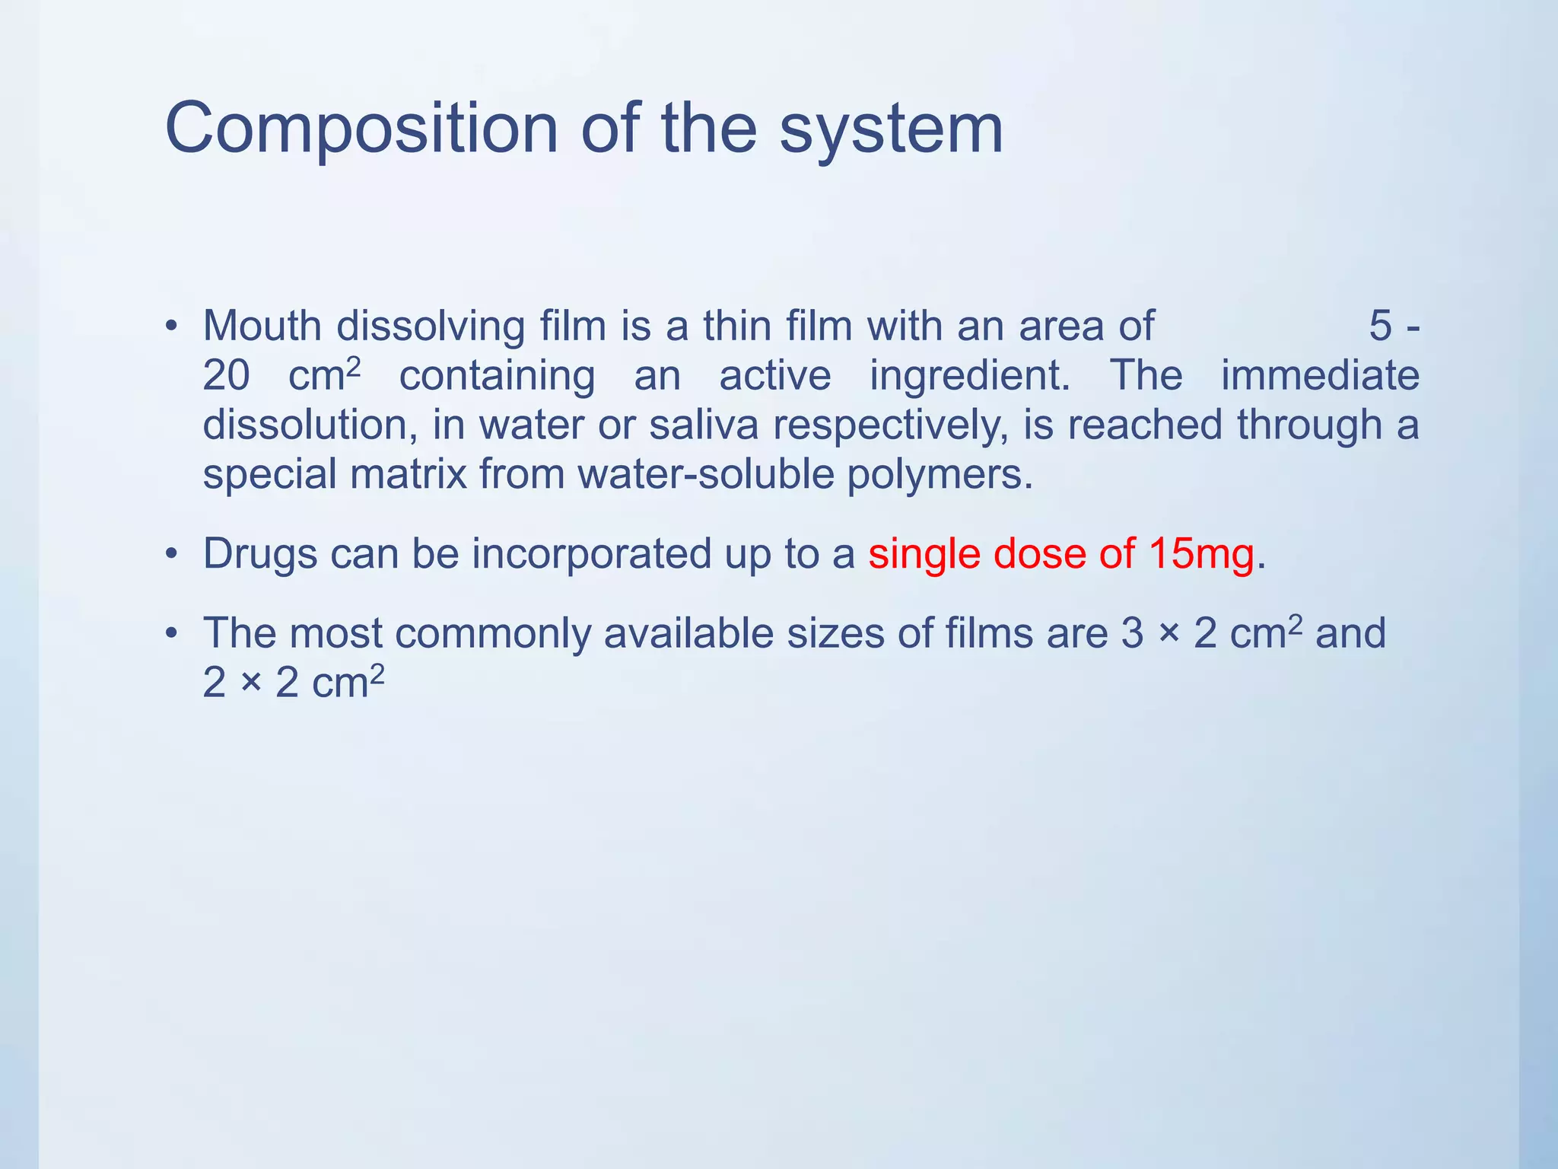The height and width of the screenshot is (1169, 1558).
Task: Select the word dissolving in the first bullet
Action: click(x=431, y=327)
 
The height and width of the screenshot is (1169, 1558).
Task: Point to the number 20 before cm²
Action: click(x=226, y=376)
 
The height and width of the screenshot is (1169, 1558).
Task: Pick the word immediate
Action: click(x=1320, y=376)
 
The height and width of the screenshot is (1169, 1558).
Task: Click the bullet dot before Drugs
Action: click(x=173, y=555)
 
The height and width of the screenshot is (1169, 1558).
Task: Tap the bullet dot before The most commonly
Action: click(x=173, y=634)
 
